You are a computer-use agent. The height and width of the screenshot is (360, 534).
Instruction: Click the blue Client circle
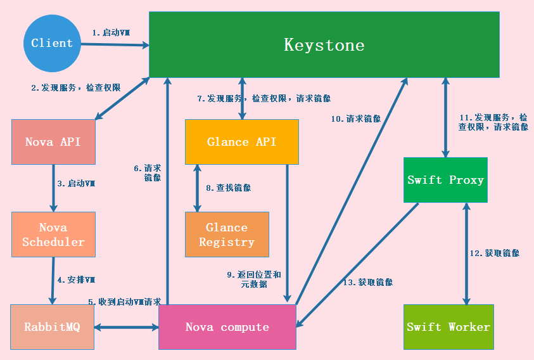(x=52, y=43)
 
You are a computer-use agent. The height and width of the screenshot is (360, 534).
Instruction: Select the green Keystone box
(x=324, y=45)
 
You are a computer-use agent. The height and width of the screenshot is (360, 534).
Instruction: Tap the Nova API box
(x=53, y=142)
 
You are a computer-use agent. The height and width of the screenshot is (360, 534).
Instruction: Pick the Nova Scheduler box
(x=53, y=235)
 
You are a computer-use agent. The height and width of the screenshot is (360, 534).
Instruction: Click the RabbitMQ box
(x=52, y=327)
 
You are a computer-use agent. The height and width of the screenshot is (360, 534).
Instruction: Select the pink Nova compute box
(x=227, y=327)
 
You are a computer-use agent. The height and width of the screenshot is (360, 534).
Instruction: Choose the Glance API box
(x=241, y=142)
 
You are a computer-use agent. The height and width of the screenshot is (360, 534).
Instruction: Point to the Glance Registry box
(x=227, y=235)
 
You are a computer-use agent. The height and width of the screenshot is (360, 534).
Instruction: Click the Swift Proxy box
(x=445, y=180)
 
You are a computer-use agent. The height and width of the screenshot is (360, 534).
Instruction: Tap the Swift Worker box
(x=448, y=327)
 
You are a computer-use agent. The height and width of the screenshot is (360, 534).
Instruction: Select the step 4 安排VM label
(x=77, y=280)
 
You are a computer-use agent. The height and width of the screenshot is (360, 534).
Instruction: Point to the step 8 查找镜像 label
(x=228, y=188)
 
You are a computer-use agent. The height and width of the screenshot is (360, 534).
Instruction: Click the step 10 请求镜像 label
(x=355, y=118)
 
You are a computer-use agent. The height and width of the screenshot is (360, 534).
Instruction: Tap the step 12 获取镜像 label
(x=494, y=253)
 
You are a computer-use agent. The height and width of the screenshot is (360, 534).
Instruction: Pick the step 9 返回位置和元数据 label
(x=254, y=280)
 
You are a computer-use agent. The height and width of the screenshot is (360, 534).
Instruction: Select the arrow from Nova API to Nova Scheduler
(x=53, y=188)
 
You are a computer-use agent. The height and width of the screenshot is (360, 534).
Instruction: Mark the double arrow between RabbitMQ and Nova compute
(x=126, y=327)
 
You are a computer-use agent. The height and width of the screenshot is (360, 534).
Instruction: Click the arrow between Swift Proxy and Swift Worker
(x=467, y=254)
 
